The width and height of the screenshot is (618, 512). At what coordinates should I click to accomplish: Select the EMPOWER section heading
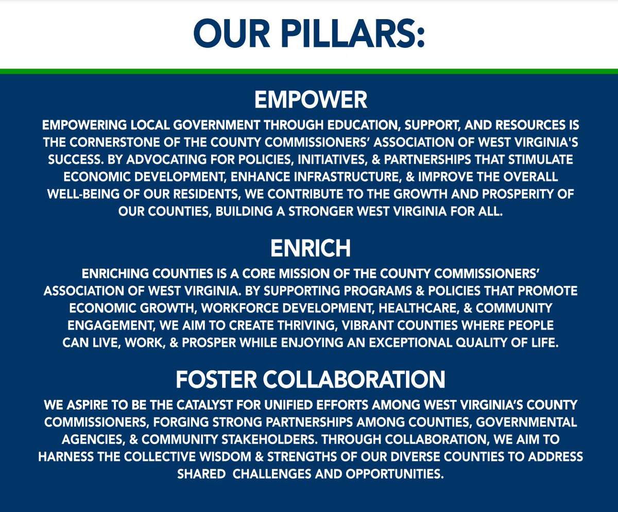(311, 100)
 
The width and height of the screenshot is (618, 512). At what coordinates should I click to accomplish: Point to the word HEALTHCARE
(437, 308)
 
